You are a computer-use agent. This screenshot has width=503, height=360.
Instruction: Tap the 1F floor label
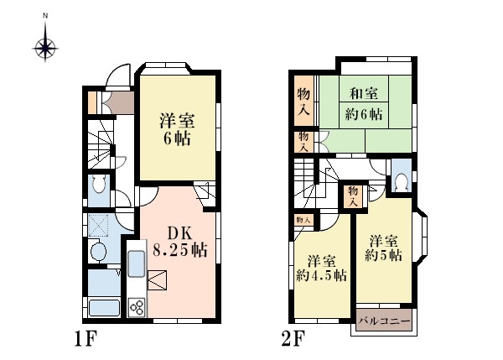(x=86, y=339)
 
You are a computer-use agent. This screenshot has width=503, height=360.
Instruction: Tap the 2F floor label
(x=293, y=339)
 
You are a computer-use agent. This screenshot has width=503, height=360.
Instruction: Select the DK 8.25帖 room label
(x=179, y=242)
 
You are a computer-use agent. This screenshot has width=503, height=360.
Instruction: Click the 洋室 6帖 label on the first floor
(x=177, y=130)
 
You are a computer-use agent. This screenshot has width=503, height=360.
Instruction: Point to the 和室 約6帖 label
(x=364, y=104)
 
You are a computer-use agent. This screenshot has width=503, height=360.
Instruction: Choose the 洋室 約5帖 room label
(x=383, y=248)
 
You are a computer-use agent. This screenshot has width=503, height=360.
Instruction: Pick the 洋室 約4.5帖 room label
(x=321, y=269)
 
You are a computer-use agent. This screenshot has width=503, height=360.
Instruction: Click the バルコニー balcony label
(x=385, y=321)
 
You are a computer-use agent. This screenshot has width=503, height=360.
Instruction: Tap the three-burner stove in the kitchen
(x=137, y=307)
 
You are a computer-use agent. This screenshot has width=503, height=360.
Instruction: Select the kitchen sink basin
(x=137, y=263)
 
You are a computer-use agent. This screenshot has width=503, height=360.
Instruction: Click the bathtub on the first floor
(x=104, y=308)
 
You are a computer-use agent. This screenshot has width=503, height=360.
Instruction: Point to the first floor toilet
(x=98, y=184)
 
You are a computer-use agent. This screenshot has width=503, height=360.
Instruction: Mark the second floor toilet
(x=402, y=183)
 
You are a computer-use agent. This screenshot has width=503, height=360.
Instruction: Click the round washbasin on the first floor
(x=98, y=251)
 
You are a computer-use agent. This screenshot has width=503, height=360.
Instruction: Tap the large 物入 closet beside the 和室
(x=303, y=101)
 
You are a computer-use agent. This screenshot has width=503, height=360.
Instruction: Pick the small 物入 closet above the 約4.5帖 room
(x=303, y=221)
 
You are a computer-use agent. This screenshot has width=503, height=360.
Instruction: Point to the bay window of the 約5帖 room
(x=422, y=237)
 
